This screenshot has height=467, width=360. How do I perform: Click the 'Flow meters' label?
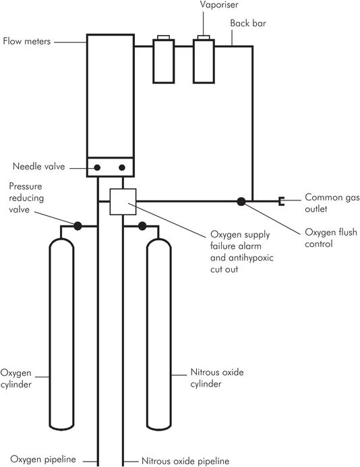coord(27,40)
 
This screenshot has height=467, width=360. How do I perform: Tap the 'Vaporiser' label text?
coord(219,5)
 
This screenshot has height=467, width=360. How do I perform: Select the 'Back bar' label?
coord(248,23)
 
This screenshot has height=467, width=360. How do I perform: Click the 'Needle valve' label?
coord(38,166)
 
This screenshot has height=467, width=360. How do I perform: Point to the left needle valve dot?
coord(97,167)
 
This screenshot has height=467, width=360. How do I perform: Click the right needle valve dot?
coord(122,167)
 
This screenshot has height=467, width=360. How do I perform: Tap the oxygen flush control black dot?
coord(241,202)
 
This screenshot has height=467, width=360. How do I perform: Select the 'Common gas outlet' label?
coord(332,203)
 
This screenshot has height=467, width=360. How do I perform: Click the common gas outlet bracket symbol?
coord(281,201)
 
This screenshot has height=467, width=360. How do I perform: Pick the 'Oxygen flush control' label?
coord(331,238)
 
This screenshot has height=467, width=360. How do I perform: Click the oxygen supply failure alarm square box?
coord(123,202)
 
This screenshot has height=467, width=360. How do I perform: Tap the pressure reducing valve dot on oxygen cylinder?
coord(78,226)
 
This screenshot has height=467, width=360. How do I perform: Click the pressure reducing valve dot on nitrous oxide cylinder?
coord(142,226)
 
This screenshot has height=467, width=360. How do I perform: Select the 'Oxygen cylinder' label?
coord(16,379)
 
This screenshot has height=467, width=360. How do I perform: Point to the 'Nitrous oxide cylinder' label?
coord(217,378)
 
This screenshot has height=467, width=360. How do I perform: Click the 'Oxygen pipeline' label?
coord(43,459)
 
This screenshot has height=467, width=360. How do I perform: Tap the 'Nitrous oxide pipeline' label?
coord(185,461)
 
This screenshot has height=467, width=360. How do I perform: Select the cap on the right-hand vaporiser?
coord(204,38)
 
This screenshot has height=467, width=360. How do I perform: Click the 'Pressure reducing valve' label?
coord(26,198)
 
